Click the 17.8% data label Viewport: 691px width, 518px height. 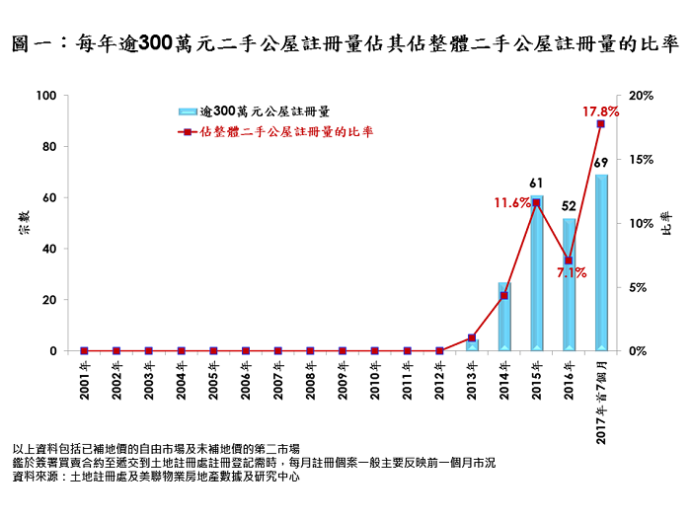pos(600,111)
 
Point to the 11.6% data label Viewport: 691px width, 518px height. pos(512,202)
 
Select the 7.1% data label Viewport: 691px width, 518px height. pos(573,273)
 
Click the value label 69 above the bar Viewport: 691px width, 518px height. pos(600,162)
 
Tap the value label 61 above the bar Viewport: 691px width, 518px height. pos(536,183)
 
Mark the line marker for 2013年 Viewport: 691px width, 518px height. pos(472,337)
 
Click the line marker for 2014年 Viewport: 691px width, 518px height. pos(503,296)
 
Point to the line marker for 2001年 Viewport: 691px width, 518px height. pos(84,350)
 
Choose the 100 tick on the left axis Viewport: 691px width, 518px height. pos(45,96)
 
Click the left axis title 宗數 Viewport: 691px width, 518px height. pos(22,223)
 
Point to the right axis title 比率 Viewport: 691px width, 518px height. pos(666,223)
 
